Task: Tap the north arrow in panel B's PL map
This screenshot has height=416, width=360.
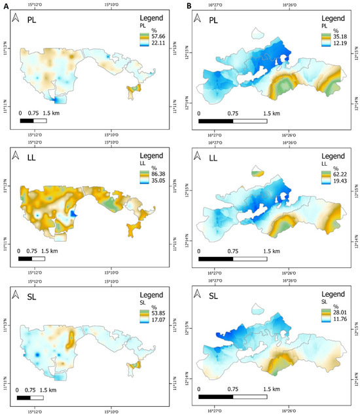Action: (x=200, y=23)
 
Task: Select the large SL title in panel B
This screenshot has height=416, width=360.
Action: (x=221, y=294)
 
